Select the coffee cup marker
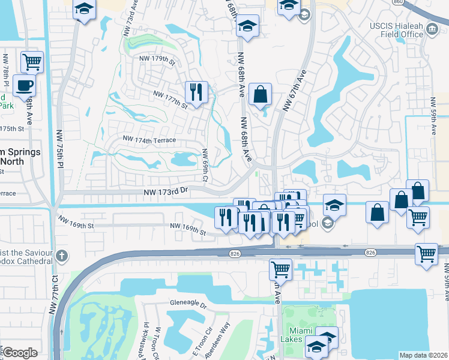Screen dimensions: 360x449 23,86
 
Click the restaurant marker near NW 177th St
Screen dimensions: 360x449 196,92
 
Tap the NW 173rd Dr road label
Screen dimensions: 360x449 166,191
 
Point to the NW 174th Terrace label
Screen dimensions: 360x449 149,140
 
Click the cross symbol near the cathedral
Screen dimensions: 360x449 61,257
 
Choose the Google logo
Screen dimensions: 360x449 20,353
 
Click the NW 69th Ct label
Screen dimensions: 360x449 205,166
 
